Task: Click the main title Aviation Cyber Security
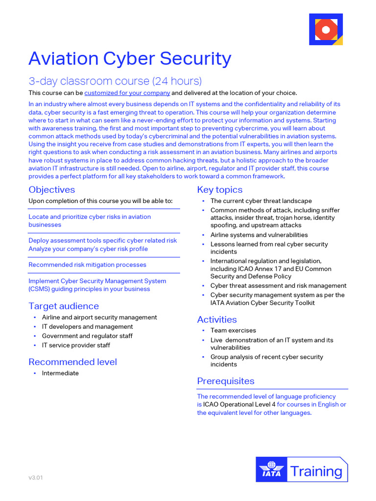pos(130,59)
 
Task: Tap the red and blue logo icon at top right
pos(326,30)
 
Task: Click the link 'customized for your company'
pos(127,93)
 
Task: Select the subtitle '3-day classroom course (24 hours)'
pos(115,81)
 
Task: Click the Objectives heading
pos(52,190)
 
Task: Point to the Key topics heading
pos(220,190)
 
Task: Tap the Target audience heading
pos(64,306)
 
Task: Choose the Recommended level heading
pos(72,362)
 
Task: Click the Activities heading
pos(217,319)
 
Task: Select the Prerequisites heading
pos(226,381)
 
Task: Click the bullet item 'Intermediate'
pos(60,373)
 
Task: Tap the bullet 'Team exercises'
pos(233,331)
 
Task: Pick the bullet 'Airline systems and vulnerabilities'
pos(259,235)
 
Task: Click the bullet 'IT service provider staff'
pos(76,345)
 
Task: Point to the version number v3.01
pos(35,478)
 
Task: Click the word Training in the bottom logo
pos(316,471)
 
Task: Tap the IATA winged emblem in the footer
pos(271,470)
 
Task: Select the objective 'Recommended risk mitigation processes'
pos(87,265)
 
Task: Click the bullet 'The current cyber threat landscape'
pos(261,201)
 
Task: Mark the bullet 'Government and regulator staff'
pos(87,336)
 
